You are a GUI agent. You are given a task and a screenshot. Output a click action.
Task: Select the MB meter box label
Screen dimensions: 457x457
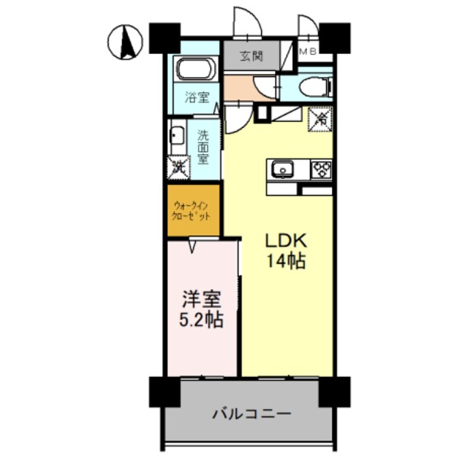[308, 52]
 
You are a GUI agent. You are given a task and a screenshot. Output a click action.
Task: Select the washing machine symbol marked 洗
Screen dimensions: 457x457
[178, 165]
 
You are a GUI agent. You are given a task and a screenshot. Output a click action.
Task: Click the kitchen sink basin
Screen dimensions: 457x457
[281, 168]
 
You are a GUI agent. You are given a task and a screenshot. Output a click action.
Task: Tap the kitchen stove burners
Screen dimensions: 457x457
[320, 168]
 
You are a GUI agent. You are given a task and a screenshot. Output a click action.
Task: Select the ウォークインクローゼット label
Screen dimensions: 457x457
[194, 210]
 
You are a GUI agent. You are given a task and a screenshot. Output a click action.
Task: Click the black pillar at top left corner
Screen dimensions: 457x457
[164, 38]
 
